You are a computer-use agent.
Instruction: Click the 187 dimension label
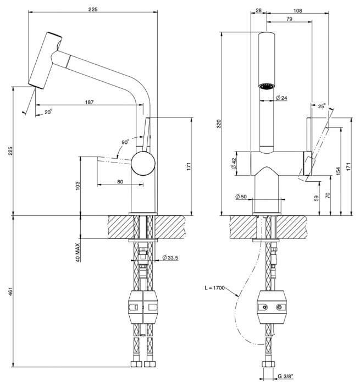pyautogui.click(x=88, y=103)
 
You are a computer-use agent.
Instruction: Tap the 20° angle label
pyautogui.click(x=48, y=112)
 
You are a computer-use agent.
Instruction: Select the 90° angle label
pyautogui.click(x=126, y=142)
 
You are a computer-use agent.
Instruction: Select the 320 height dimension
pyautogui.click(x=219, y=124)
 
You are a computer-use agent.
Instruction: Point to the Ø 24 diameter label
pyautogui.click(x=282, y=98)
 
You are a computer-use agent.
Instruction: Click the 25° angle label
pyautogui.click(x=321, y=105)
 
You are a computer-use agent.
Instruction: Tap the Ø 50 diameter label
pyautogui.click(x=241, y=196)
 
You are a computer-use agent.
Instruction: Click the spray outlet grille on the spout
pyautogui.click(x=266, y=86)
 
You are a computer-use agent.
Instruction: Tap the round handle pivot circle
pyautogui.click(x=143, y=164)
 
